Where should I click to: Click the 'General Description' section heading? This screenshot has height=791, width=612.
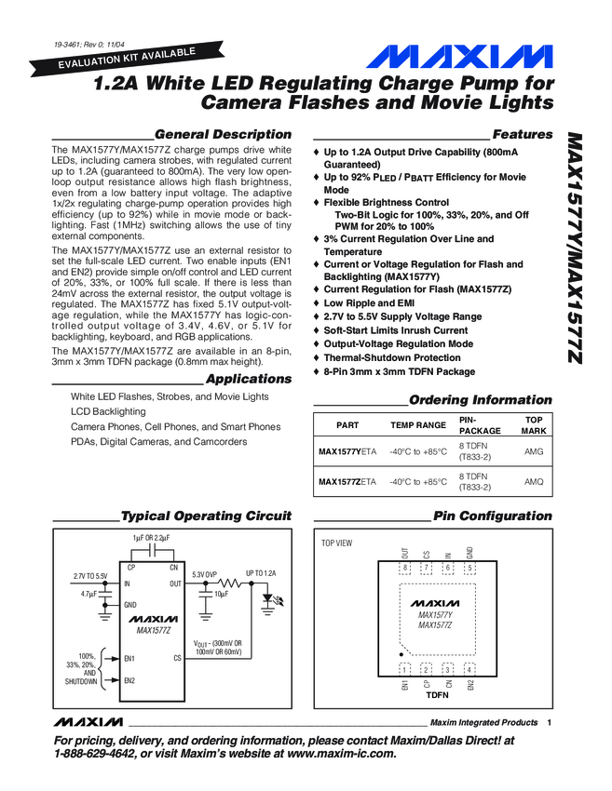pos(223,135)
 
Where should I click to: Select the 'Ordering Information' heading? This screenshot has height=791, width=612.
pos(481,400)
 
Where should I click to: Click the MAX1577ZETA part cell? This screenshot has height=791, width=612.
pos(347,482)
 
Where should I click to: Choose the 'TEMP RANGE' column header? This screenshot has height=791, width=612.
pos(418,424)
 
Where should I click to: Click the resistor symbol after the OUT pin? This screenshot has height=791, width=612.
pos(233,583)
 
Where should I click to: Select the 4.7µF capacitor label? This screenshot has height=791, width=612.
pos(89,594)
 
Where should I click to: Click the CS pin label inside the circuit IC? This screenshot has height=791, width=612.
pos(177,658)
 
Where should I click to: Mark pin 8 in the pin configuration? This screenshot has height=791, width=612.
pos(406,568)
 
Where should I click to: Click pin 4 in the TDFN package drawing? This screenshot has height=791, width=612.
pos(469,668)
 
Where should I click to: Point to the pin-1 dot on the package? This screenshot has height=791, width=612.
pos(401,653)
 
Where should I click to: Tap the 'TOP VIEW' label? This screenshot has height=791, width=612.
pos(337,543)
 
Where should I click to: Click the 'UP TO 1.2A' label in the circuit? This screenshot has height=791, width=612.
pos(261,573)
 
